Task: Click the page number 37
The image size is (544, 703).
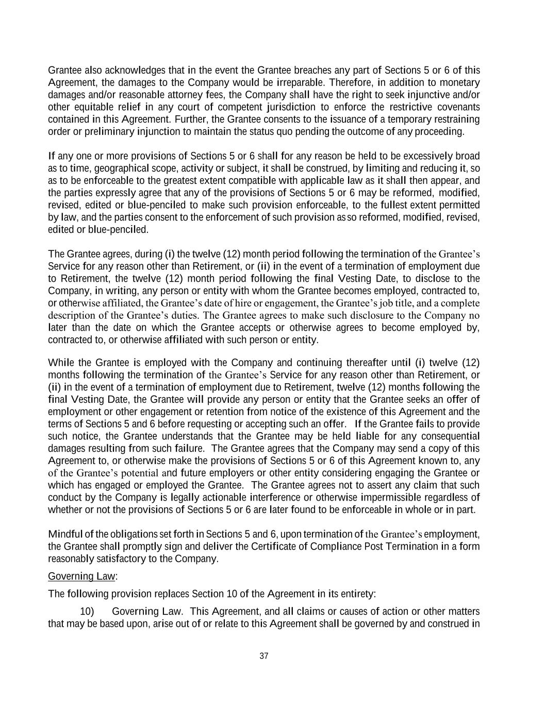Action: click(264, 656)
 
